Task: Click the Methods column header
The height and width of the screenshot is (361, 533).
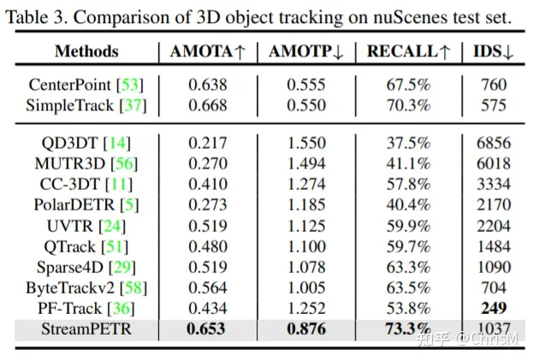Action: pos(86,51)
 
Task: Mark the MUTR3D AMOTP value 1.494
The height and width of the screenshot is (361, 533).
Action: pos(305,163)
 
